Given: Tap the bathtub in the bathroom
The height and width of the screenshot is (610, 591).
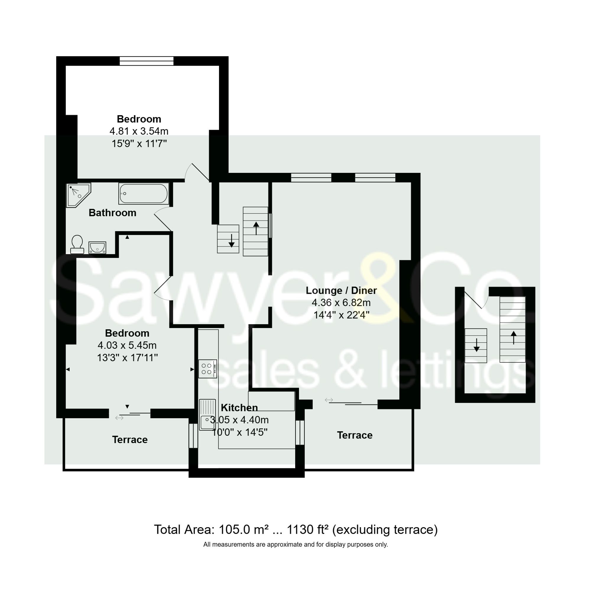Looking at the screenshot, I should point(144,193).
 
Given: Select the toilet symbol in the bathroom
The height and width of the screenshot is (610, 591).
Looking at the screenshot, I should point(77,244).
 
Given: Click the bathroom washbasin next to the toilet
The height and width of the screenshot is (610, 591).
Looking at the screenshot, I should point(97,248).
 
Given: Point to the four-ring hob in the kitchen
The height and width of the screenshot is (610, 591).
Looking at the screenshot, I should point(207,369).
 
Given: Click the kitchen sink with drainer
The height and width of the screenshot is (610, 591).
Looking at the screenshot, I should point(207,414).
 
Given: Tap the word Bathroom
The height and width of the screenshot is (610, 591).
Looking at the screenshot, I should point(112,212).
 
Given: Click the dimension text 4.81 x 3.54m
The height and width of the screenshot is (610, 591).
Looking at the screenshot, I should point(139,131).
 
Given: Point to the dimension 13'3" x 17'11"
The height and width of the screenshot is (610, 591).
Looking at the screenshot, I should point(127,358).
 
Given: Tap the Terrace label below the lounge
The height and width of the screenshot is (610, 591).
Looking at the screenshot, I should point(355,435).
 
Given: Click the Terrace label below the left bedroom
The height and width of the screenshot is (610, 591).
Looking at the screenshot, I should point(130,439).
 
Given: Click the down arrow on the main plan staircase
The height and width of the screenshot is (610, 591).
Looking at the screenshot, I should point(231,240).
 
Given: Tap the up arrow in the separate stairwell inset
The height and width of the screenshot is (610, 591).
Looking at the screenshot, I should point(513,337).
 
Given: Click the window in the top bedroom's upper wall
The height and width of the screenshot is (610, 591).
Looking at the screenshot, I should point(146,61).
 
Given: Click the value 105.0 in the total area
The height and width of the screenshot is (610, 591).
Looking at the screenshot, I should point(234,529).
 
